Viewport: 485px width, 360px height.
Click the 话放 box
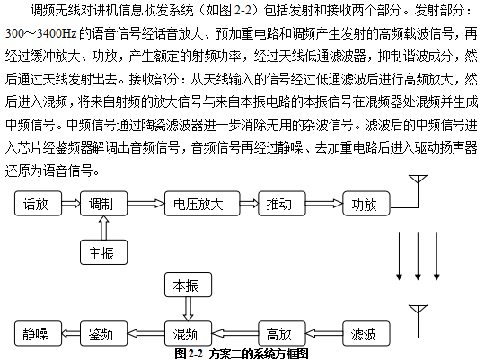(x=38, y=203)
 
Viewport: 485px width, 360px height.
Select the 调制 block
(x=103, y=203)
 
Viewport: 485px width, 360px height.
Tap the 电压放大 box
(x=202, y=203)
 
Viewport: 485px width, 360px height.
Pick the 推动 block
(x=282, y=203)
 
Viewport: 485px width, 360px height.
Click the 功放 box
(x=366, y=203)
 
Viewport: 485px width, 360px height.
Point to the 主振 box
(x=103, y=252)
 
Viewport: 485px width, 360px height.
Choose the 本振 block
(x=188, y=285)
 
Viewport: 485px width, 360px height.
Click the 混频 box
(x=188, y=333)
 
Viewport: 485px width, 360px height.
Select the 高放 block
(x=282, y=333)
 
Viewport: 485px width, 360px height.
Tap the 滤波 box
(x=366, y=333)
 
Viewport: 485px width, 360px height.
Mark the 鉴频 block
(x=103, y=333)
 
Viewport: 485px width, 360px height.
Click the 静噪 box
(x=38, y=333)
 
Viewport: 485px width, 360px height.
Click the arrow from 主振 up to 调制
(x=103, y=228)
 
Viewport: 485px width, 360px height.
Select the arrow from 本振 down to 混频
(x=188, y=309)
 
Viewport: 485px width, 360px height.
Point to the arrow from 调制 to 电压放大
(x=146, y=203)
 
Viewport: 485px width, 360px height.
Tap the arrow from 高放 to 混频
(x=235, y=334)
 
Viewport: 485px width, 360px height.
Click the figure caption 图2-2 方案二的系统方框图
(x=242, y=354)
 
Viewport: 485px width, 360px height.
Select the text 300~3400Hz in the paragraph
(x=40, y=33)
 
